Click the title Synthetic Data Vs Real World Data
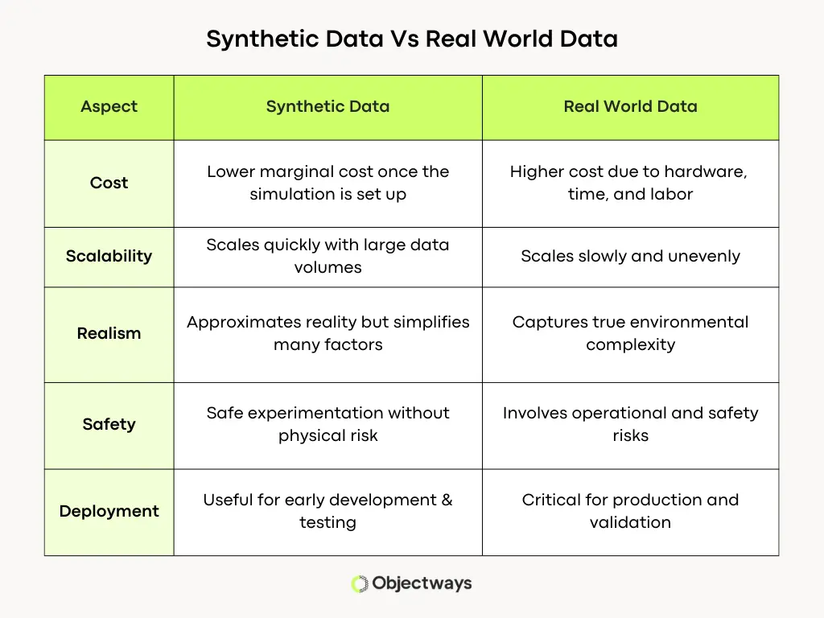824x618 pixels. pyautogui.click(x=411, y=39)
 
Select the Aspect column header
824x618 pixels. pyautogui.click(x=109, y=106)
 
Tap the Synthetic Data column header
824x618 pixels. pyautogui.click(x=328, y=106)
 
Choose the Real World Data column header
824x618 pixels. pyautogui.click(x=630, y=106)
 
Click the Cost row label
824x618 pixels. pyautogui.click(x=109, y=183)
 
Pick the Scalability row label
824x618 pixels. pyautogui.click(x=109, y=256)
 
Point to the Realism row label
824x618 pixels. pyautogui.click(x=109, y=333)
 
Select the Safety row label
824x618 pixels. pyautogui.click(x=109, y=424)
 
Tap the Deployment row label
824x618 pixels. pyautogui.click(x=109, y=511)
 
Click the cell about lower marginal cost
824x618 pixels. pyautogui.click(x=328, y=183)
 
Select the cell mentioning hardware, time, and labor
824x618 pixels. pyautogui.click(x=630, y=183)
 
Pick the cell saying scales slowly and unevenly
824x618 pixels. pyautogui.click(x=630, y=256)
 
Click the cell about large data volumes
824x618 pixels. pyautogui.click(x=328, y=256)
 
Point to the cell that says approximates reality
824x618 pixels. pyautogui.click(x=328, y=333)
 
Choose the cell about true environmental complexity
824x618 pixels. pyautogui.click(x=630, y=333)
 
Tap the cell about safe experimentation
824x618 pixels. pyautogui.click(x=328, y=424)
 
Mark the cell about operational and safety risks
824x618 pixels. pyautogui.click(x=630, y=424)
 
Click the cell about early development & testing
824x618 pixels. pyautogui.click(x=328, y=511)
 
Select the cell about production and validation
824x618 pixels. pyautogui.click(x=630, y=511)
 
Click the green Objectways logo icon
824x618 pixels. pyautogui.click(x=359, y=584)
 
